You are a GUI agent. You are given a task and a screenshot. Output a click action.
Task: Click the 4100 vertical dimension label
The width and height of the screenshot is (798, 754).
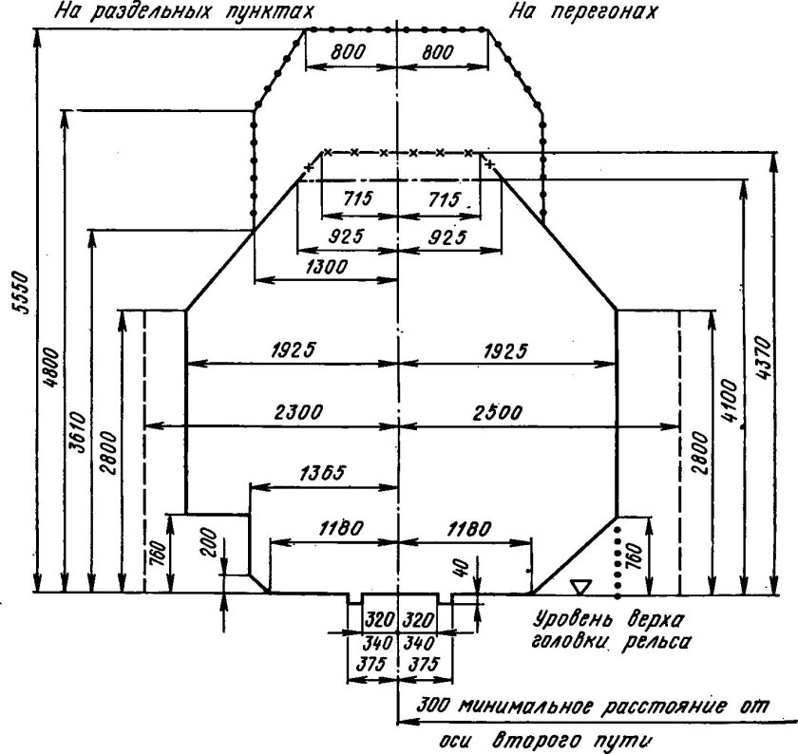pos(729,401)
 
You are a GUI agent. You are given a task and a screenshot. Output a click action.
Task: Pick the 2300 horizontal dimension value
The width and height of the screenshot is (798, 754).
pos(298,411)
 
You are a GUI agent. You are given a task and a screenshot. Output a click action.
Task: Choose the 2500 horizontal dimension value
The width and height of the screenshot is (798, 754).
pos(497,412)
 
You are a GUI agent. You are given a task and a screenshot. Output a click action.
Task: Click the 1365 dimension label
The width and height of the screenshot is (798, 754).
pos(323,473)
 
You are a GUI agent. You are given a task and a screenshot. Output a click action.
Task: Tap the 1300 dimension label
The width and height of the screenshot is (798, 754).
pos(326,266)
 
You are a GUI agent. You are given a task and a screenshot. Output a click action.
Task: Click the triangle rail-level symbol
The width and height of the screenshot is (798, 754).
pos(580,587)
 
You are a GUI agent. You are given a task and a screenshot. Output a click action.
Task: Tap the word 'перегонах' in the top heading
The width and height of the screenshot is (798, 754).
pos(604,11)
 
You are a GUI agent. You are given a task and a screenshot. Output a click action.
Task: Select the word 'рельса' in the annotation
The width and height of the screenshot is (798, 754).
pos(656,642)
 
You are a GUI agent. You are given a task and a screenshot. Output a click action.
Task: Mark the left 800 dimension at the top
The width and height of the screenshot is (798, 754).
pos(348,52)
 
